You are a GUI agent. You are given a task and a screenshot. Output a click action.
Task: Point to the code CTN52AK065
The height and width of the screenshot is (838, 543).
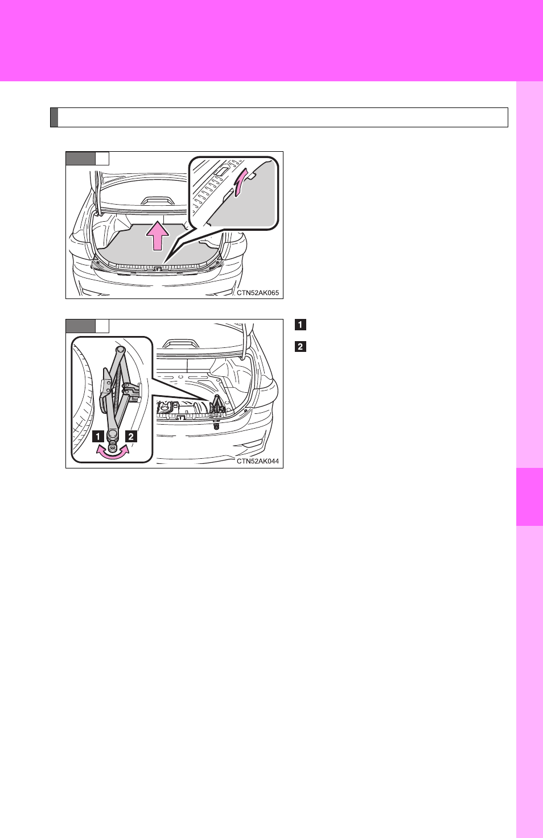[x=258, y=293]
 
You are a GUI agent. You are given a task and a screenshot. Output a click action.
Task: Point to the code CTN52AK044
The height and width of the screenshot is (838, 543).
[x=258, y=461]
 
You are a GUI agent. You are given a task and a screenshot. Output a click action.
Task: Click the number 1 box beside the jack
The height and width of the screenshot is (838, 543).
[x=98, y=436]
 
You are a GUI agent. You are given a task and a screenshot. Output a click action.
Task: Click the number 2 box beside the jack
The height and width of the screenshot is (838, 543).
[x=131, y=436]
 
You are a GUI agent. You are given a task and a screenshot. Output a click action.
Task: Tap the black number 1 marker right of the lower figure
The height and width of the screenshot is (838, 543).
[x=301, y=325]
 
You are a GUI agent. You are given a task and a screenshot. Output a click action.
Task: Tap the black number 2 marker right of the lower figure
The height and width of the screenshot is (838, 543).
[x=301, y=346]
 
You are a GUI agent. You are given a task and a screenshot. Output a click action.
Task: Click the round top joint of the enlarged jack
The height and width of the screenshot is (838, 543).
[x=121, y=350]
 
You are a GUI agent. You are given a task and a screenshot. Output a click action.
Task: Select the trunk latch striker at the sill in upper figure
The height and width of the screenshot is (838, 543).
[x=158, y=268]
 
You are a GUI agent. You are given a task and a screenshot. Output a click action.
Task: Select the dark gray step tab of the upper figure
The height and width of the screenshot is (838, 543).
[x=80, y=158]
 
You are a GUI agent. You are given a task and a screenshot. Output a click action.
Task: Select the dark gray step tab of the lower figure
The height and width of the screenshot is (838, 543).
[x=80, y=326]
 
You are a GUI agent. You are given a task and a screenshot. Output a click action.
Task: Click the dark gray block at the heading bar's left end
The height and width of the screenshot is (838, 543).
[x=54, y=118]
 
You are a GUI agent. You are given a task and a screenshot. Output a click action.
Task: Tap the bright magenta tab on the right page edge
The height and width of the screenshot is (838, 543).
[x=529, y=497]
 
